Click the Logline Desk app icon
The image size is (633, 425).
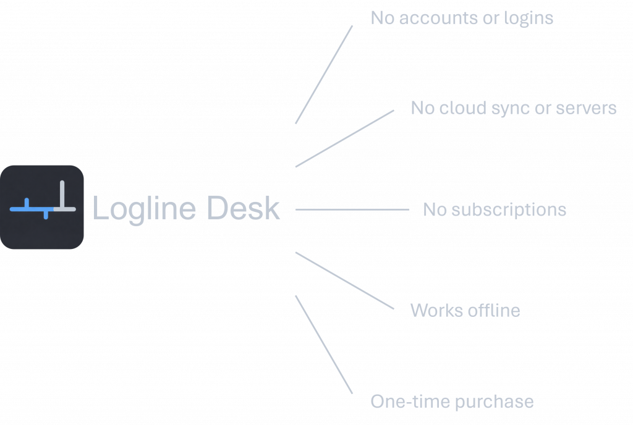42,208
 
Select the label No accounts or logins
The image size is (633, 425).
462,19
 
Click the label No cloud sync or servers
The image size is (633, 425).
514,108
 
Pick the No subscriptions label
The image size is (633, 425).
495,210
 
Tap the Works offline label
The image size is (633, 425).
465,310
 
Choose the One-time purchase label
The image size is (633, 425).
452,402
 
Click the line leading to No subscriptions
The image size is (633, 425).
352,209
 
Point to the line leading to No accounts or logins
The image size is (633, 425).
324,75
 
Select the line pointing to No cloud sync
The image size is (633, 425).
345,138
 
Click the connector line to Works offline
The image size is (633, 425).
345,280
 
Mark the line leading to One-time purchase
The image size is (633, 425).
324,344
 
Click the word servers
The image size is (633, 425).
586,108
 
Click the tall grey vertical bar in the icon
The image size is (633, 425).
62,195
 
